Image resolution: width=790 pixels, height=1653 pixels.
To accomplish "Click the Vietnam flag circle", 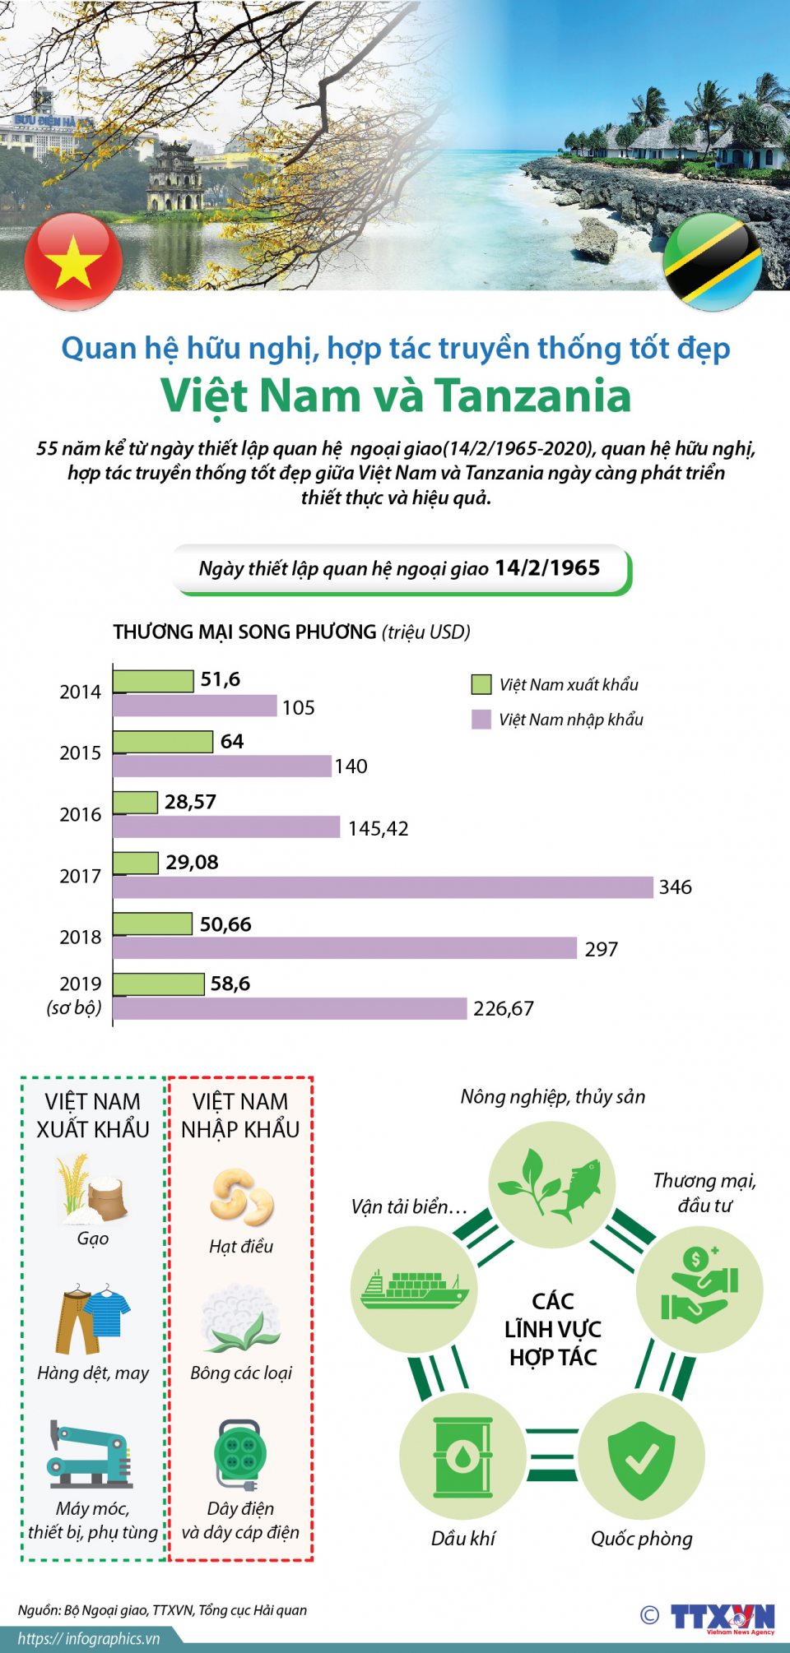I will click(73, 262).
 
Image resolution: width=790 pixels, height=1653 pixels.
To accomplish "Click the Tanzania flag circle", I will click(713, 262).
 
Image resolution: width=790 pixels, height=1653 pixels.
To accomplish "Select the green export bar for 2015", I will click(163, 742).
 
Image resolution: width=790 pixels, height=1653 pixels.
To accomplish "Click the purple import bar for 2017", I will click(383, 887).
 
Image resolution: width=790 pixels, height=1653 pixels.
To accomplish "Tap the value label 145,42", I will click(378, 828).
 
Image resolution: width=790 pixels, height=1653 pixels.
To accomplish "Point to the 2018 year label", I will click(80, 938).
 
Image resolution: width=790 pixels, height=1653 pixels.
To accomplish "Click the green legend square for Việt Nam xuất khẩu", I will click(481, 684).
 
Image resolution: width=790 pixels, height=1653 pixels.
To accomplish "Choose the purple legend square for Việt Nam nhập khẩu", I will click(481, 720).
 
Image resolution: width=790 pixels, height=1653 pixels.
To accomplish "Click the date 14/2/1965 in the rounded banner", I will click(547, 568).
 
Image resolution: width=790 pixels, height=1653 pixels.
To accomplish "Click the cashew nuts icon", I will click(241, 1197).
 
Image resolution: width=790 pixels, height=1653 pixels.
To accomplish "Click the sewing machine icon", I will click(91, 1454).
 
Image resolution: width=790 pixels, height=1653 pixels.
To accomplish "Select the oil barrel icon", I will click(462, 1456).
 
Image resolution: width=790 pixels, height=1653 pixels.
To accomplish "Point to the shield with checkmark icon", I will click(641, 1456).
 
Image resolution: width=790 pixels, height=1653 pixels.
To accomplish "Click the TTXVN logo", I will click(723, 1617).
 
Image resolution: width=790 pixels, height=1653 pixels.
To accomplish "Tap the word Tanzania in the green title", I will click(532, 396).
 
